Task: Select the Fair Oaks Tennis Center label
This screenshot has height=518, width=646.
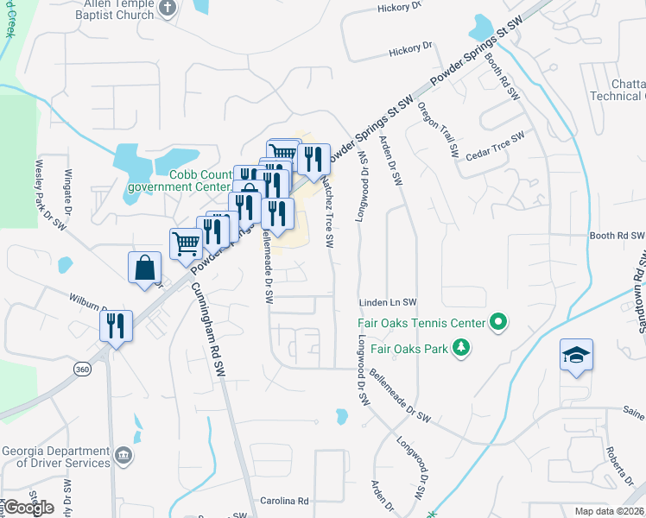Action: (x=421, y=325)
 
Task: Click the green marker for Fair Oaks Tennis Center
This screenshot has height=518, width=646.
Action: (x=497, y=324)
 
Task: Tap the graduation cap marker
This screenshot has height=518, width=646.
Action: (x=576, y=355)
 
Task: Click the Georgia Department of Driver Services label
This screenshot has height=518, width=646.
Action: (x=56, y=457)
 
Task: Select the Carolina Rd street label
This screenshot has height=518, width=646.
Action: (x=284, y=501)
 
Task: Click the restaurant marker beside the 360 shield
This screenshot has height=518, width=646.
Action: (x=115, y=326)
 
